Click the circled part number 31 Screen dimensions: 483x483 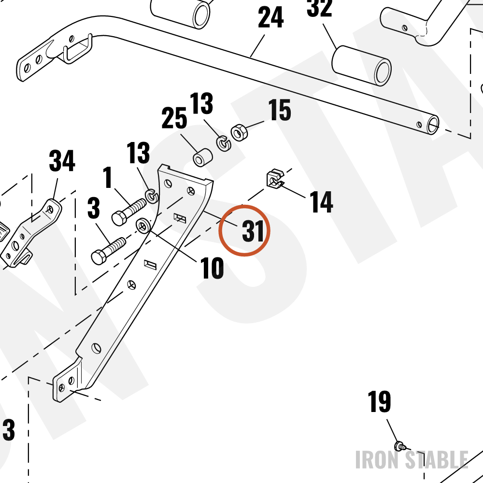point(253,231)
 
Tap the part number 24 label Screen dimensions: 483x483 point(270,18)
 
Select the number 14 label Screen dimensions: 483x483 point(321,202)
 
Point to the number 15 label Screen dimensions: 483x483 point(279,110)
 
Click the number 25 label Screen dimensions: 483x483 point(174,118)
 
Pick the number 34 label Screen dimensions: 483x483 point(62,161)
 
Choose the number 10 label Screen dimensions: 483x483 point(212,268)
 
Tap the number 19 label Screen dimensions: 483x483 point(379,401)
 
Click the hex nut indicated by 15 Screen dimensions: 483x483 point(240,132)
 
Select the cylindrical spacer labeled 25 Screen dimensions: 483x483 point(202,157)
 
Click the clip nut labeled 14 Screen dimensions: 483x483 point(275,179)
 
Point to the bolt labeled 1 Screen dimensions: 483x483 point(129,212)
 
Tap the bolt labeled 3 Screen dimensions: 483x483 point(108,251)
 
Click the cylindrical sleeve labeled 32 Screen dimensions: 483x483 point(361,66)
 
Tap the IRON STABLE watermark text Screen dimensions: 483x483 point(412,460)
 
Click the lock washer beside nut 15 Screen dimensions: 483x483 point(223,143)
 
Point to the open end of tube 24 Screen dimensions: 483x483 point(433,125)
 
